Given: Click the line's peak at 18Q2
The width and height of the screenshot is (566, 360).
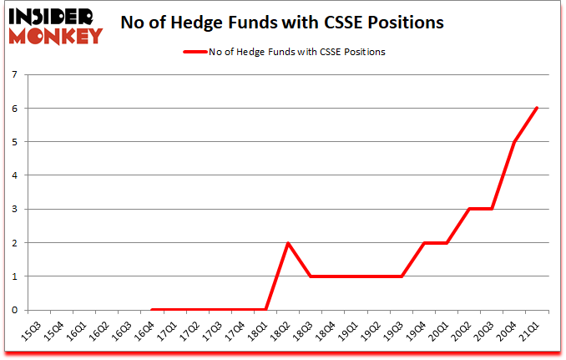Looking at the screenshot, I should (x=288, y=242).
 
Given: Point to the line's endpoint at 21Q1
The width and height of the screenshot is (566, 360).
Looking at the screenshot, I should (x=537, y=108).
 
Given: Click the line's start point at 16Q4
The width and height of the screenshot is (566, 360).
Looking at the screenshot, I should (x=153, y=310).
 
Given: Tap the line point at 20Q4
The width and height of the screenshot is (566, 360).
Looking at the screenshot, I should (x=514, y=141).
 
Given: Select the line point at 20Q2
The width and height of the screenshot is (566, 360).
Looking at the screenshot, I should (x=469, y=209).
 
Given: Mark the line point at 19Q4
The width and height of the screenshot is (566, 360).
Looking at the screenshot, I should (x=424, y=242).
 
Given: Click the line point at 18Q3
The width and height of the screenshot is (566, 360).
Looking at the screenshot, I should (x=311, y=276).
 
